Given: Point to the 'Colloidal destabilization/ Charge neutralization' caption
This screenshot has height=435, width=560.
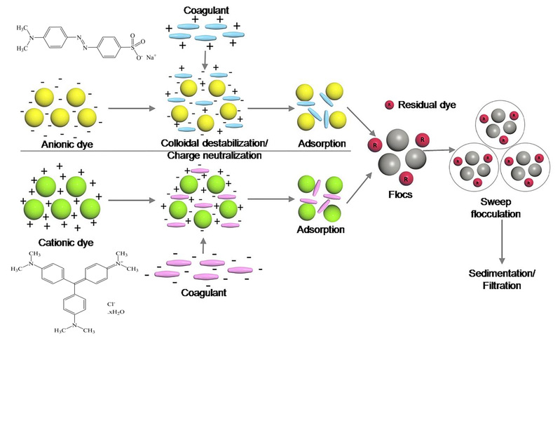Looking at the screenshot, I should point(205,148).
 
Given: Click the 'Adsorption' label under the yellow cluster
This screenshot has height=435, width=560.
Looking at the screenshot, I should point(321,143).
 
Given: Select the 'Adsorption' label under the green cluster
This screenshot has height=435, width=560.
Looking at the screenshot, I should point(321,229).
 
